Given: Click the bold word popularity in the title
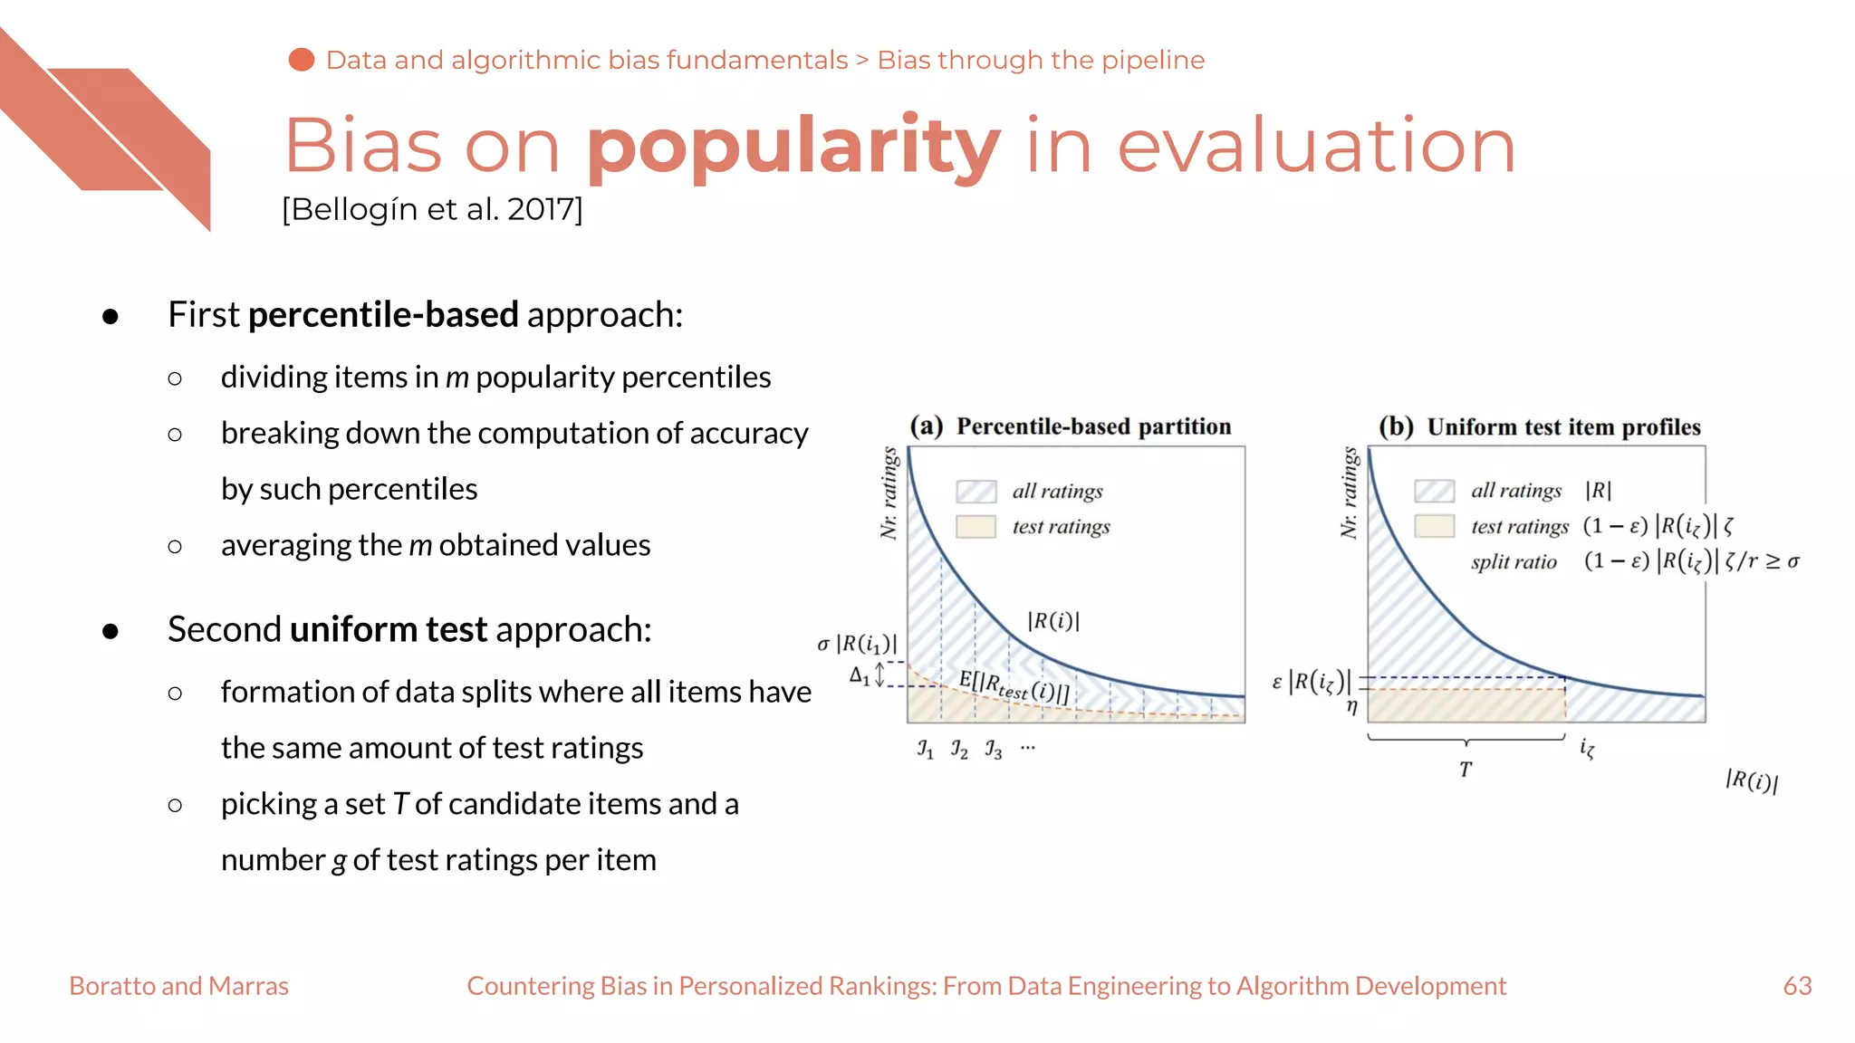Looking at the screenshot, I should [x=793, y=147].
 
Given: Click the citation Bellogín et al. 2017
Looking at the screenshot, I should [x=432, y=209].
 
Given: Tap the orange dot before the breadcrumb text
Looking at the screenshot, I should [x=302, y=60].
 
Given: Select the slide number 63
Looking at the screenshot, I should [x=1797, y=986].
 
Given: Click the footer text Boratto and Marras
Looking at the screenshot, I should [x=178, y=986].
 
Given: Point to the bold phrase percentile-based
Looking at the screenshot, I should [x=383, y=315].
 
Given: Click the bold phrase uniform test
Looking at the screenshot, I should [x=389, y=629].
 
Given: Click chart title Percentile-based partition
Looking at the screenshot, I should [x=1093, y=426].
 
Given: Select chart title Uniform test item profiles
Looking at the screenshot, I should [x=1563, y=427].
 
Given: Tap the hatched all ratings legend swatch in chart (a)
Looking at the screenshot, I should [x=976, y=492].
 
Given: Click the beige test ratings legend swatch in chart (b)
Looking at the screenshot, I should [x=1434, y=526].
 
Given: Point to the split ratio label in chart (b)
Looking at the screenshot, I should [x=1514, y=562].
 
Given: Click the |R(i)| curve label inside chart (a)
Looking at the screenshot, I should [x=1052, y=621].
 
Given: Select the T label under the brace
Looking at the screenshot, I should [x=1466, y=770].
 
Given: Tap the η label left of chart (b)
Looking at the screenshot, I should [x=1351, y=706].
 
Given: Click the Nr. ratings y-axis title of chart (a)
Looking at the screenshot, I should [x=889, y=493].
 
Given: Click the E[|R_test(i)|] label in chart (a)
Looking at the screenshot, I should [x=1014, y=687].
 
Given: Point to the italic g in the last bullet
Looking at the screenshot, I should [x=339, y=861].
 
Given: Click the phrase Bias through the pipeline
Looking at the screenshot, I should [x=1041, y=60].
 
